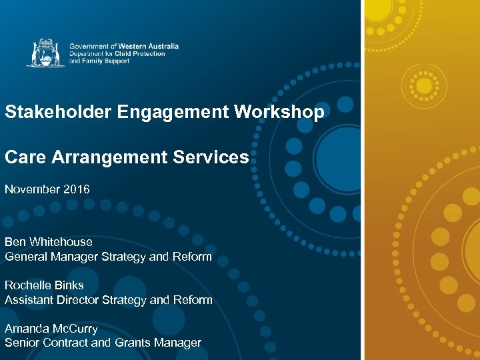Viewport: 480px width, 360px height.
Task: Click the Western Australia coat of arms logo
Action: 45,53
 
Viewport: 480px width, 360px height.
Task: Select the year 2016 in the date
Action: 76,189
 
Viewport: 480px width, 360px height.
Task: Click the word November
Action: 32,189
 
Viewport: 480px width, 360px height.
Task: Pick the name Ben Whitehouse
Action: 49,242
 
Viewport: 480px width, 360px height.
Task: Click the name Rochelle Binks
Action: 44,285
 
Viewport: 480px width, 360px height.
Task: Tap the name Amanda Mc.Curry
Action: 51,329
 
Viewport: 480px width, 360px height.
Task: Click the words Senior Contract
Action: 45,343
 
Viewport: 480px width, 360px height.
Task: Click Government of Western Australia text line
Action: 124,46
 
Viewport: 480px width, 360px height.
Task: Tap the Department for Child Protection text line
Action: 117,53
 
